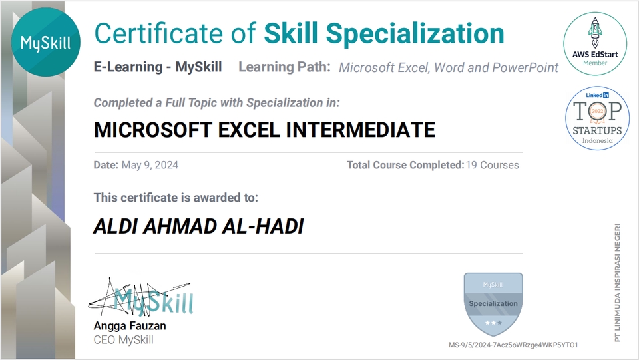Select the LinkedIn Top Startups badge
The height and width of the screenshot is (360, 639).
coord(597,117)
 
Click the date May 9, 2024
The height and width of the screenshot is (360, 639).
coord(150,165)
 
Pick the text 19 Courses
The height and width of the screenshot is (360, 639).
coord(492,165)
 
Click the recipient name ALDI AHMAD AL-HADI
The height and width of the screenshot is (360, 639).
coord(198,226)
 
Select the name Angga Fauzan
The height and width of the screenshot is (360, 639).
coord(130,326)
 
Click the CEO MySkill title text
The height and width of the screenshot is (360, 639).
coord(123,339)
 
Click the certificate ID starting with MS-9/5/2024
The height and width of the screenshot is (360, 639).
coord(513,345)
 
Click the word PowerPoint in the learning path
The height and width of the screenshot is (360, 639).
coord(525,67)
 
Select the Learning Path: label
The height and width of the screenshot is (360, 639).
coord(284,67)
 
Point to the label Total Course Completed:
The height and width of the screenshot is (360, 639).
coord(404,165)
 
